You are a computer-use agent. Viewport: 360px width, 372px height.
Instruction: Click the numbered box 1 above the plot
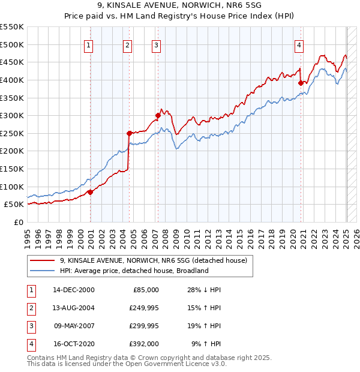[88, 44]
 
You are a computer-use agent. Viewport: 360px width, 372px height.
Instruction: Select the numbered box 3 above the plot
[156, 44]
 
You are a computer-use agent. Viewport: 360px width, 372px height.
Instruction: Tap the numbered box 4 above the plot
[298, 44]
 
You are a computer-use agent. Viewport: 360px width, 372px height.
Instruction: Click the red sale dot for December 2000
[91, 192]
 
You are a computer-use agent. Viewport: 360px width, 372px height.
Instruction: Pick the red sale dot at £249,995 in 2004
[129, 133]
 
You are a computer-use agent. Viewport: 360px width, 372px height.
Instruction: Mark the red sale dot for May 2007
[158, 115]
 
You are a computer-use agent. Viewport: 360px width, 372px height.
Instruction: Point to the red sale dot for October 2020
[301, 83]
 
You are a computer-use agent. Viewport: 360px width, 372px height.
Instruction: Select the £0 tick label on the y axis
[19, 222]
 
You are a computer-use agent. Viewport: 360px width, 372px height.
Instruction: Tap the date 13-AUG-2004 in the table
[73, 308]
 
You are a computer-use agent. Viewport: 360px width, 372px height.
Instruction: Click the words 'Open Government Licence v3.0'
[175, 364]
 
